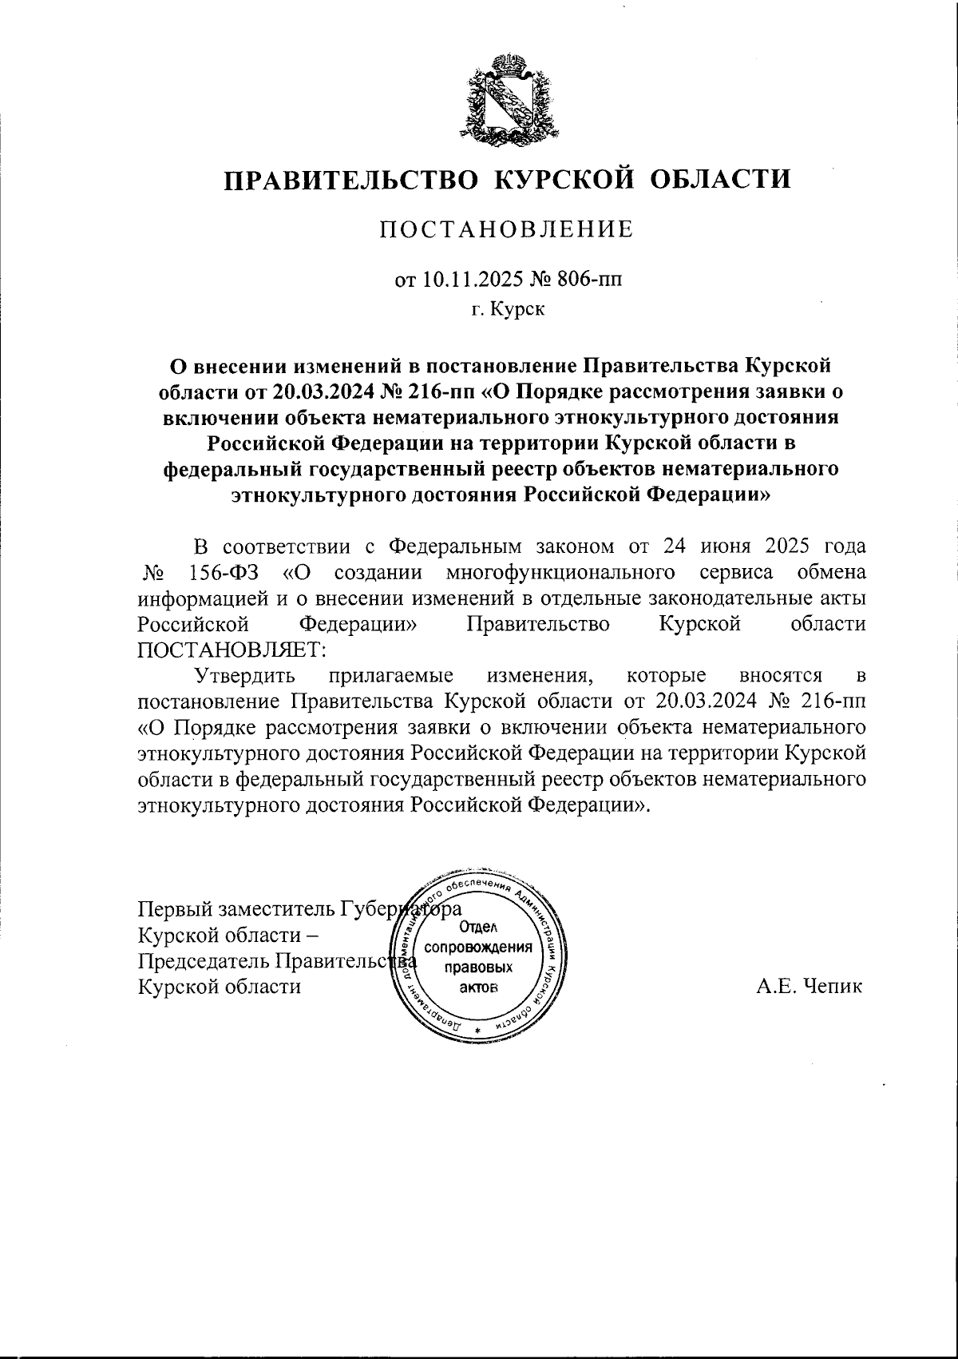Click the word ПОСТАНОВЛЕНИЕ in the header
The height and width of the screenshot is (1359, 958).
(x=506, y=230)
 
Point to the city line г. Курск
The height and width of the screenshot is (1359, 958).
(x=507, y=309)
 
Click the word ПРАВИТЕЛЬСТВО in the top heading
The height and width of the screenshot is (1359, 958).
(x=352, y=179)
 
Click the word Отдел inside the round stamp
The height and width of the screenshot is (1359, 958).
(x=479, y=927)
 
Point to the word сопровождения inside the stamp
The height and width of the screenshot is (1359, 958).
(x=479, y=948)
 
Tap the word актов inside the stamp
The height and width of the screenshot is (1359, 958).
(x=479, y=987)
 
